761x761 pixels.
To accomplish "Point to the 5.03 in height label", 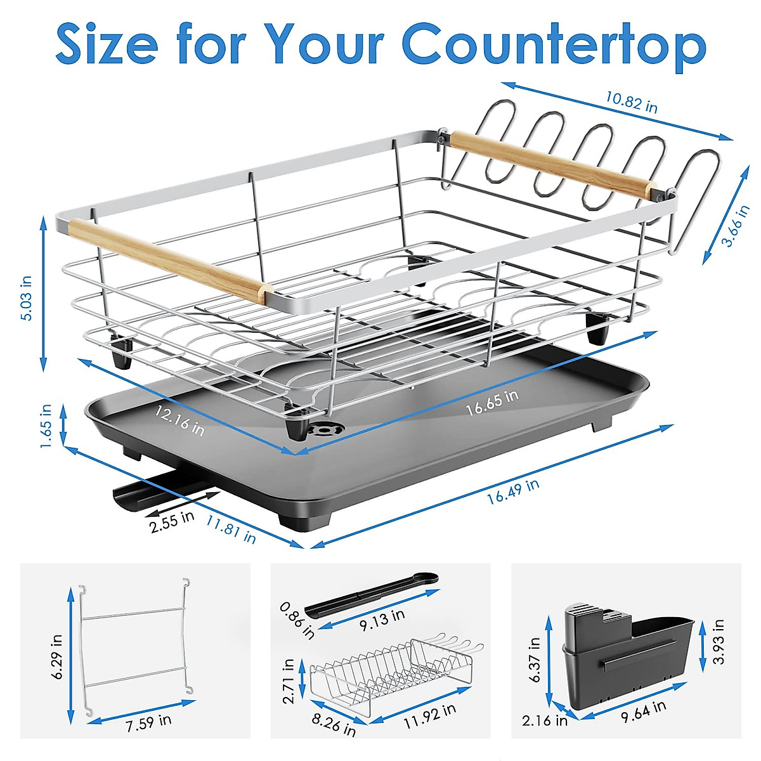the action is (27, 297).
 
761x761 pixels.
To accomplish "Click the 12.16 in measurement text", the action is (180, 420).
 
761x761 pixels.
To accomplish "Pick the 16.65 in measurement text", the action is (492, 403).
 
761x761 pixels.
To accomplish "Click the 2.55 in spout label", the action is (172, 521).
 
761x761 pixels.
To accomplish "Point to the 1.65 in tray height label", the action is (46, 426).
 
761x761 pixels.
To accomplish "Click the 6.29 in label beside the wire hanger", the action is (56, 657).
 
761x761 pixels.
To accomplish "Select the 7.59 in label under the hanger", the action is (148, 723).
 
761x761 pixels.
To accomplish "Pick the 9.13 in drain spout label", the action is (382, 619).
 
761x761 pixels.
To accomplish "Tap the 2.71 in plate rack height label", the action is (289, 681).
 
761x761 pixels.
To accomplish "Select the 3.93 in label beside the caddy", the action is (719, 642).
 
